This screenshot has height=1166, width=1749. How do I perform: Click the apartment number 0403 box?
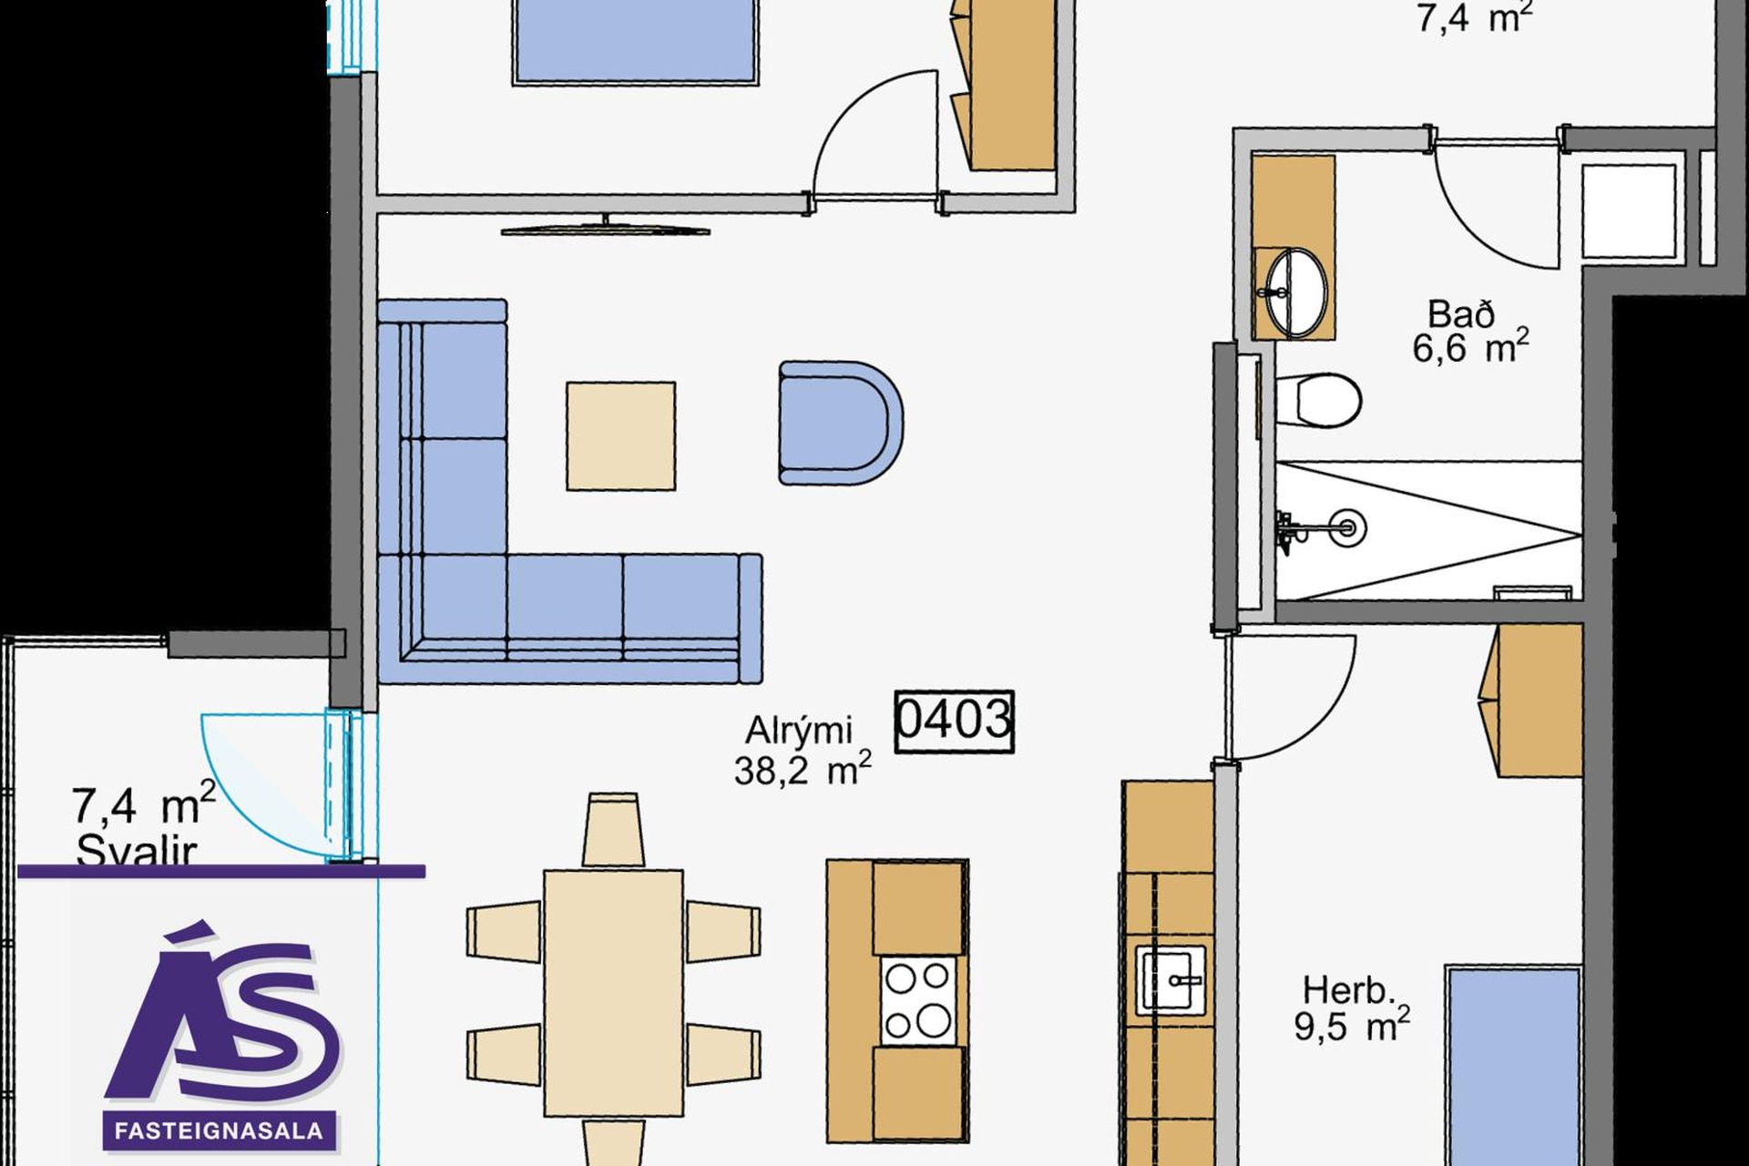[954, 722]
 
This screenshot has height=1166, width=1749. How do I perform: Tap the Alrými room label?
[799, 731]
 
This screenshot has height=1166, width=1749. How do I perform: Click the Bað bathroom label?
[1461, 314]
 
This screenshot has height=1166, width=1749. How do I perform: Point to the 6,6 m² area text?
[1470, 348]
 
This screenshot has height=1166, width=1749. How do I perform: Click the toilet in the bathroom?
[1318, 399]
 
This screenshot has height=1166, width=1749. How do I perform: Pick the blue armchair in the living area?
[840, 423]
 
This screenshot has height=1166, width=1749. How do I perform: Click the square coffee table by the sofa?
[621, 436]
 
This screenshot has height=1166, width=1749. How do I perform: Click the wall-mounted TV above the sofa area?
[606, 228]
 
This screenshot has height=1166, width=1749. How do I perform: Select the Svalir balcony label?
[136, 851]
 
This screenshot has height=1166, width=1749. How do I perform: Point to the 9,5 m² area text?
[1352, 1025]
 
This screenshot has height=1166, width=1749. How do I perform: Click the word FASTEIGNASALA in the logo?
[219, 1130]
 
